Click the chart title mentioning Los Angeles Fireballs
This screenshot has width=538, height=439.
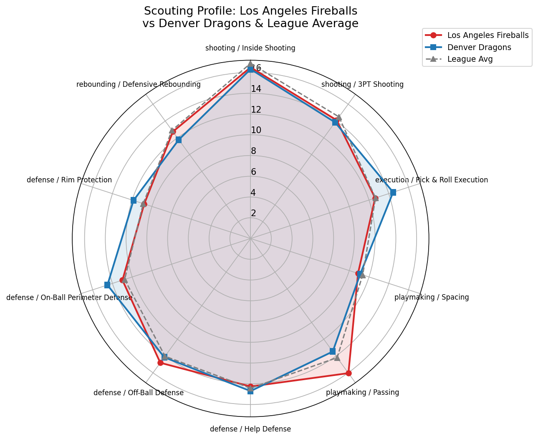(x=250, y=17)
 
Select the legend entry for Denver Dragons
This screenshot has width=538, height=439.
(x=479, y=47)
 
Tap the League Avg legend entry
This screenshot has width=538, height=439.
(x=470, y=59)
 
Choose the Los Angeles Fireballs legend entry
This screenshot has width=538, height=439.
(x=487, y=35)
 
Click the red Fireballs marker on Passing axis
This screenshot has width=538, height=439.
(x=349, y=373)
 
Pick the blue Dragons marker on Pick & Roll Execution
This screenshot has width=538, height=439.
(x=393, y=192)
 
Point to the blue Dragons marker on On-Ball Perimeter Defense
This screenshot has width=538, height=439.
(x=107, y=285)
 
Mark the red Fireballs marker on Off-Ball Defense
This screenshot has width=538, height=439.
(x=160, y=363)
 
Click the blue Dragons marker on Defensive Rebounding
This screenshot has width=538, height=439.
(x=179, y=140)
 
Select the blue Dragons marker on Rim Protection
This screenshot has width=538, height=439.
(x=134, y=200)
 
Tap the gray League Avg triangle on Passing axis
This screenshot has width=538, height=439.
(x=337, y=358)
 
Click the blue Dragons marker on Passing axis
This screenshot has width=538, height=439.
(x=332, y=351)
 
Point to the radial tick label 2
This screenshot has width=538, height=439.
(x=253, y=213)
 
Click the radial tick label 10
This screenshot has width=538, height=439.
(x=256, y=130)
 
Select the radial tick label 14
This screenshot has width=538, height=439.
(x=256, y=89)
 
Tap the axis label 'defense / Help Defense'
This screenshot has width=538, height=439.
(x=250, y=429)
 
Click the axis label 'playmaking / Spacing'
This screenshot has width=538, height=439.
(x=432, y=298)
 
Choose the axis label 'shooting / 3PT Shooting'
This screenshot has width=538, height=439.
(x=362, y=84)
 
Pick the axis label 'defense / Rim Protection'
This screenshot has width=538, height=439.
(x=69, y=180)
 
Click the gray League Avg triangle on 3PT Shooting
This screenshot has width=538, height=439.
(x=339, y=117)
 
